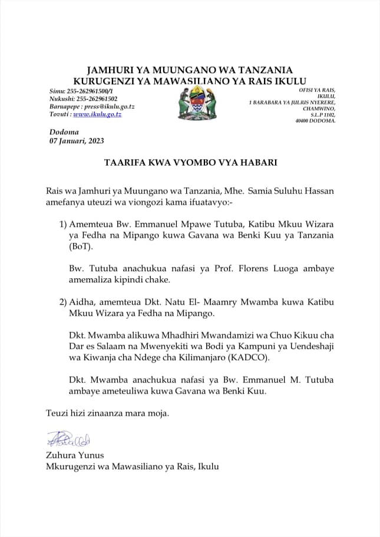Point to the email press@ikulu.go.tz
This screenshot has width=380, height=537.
[x=110, y=106]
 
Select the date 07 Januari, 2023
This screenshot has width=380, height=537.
[x=77, y=141]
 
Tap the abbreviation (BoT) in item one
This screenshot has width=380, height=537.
[x=80, y=247]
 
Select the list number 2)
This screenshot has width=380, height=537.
[x=63, y=302]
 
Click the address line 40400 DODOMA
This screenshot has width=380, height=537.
[x=315, y=121]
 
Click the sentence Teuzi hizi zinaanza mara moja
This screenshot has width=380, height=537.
[x=108, y=413]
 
